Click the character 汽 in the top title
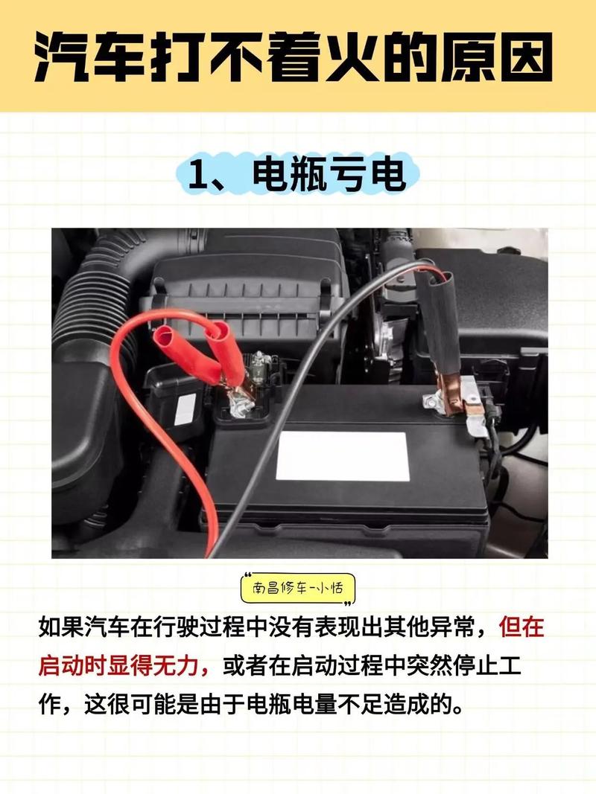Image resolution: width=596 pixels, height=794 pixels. pos(66,57)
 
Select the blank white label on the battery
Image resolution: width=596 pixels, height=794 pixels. pos(342,455)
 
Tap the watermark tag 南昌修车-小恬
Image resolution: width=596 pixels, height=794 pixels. pos(298,588)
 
